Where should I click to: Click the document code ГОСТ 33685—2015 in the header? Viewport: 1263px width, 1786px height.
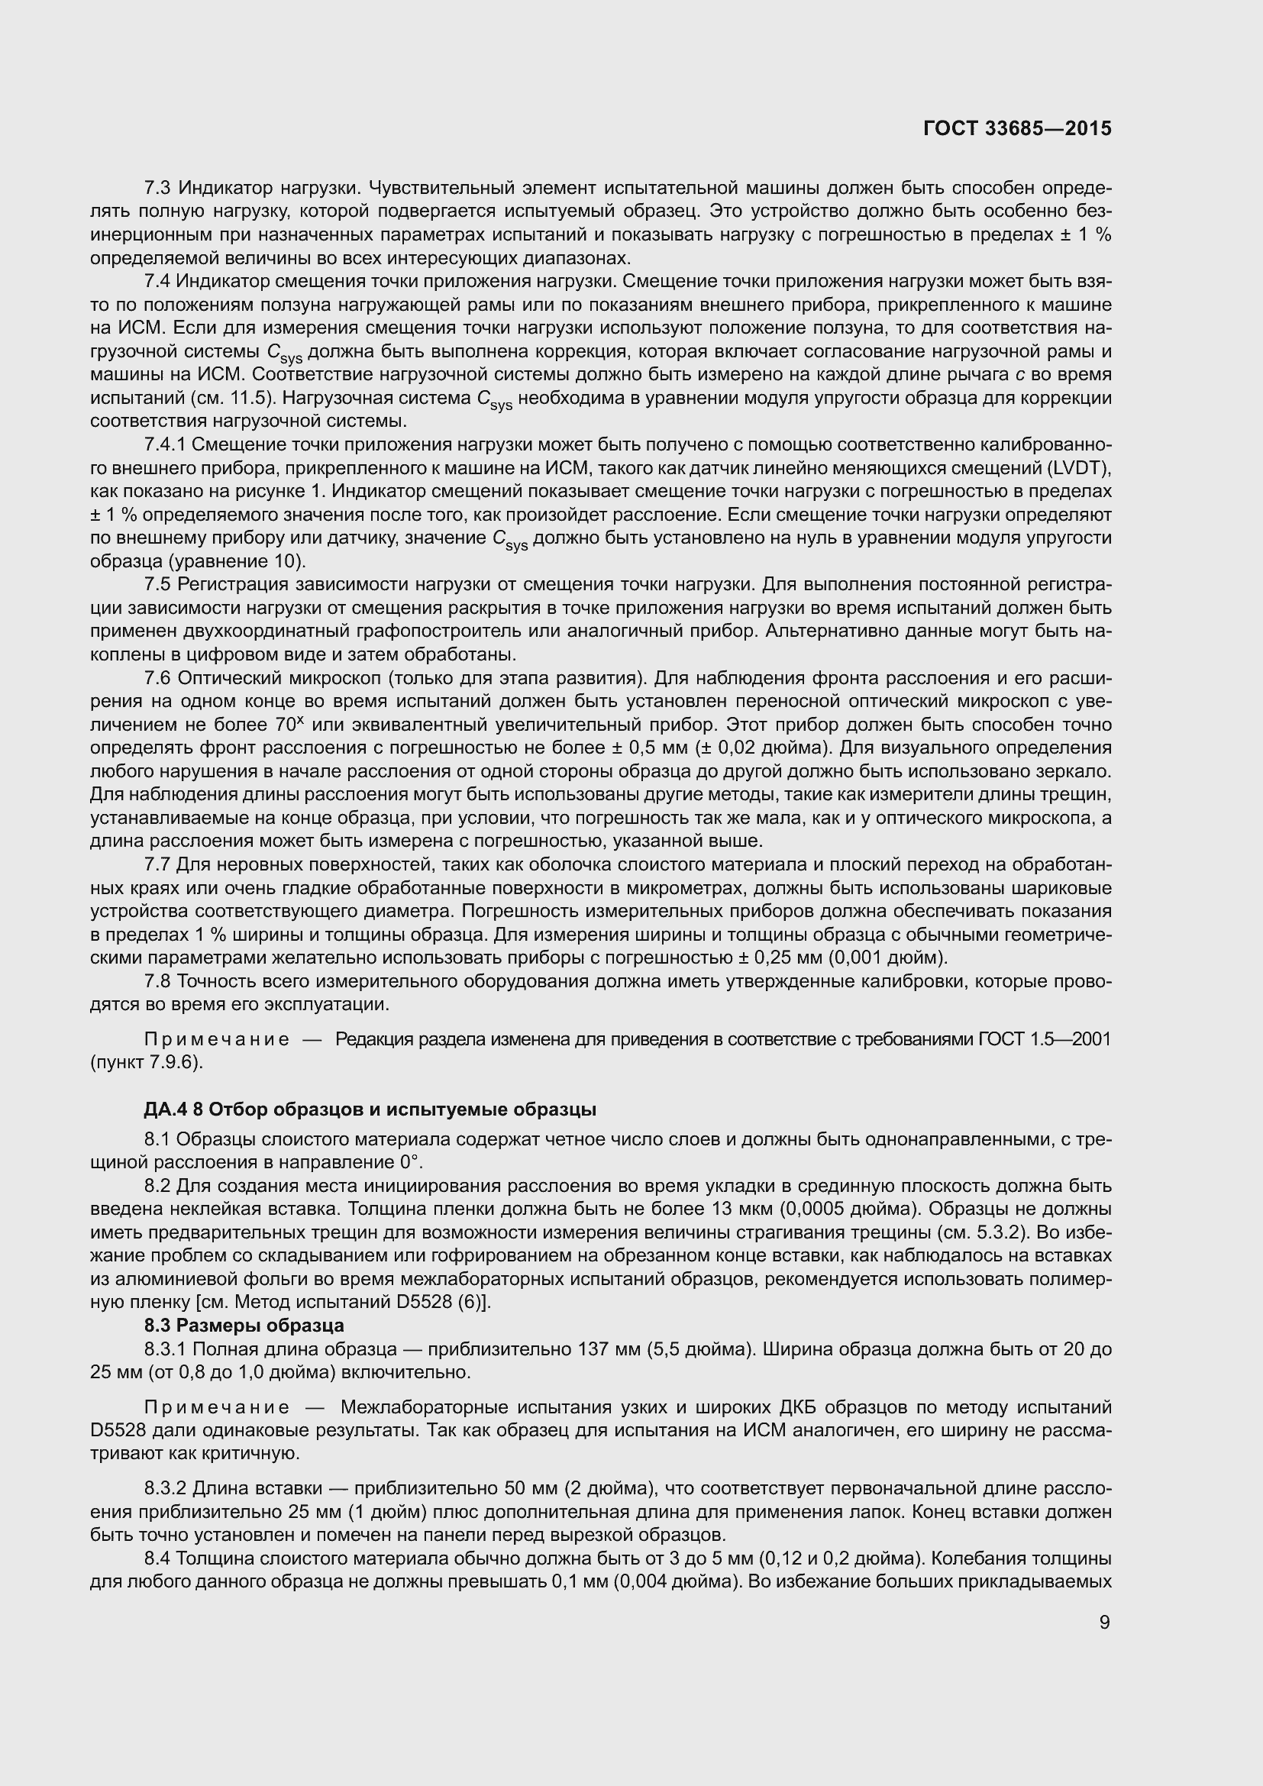point(1017,128)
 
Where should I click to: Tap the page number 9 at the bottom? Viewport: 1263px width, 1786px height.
point(1104,1623)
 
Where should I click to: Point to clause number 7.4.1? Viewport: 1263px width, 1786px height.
point(165,445)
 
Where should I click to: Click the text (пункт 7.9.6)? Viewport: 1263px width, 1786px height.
point(147,1062)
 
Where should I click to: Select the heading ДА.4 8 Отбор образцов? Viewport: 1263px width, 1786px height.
point(370,1109)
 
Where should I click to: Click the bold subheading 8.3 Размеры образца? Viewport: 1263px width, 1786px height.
point(244,1325)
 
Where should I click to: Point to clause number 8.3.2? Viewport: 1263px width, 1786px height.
point(165,1489)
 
